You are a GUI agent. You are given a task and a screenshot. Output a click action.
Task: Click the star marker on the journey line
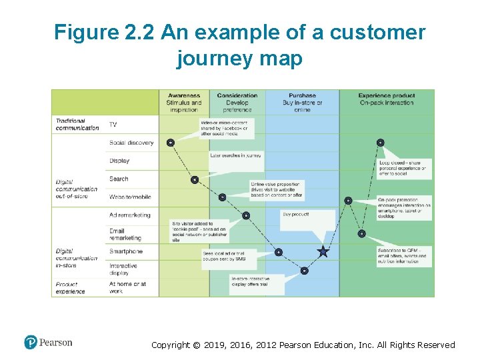click(x=323, y=251)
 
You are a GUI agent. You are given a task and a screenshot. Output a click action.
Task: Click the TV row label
click(x=113, y=125)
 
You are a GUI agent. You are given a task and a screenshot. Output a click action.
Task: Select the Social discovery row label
click(x=131, y=143)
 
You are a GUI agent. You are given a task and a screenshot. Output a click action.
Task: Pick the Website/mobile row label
click(x=130, y=197)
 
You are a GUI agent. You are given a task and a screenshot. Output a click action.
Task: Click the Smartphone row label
click(x=126, y=251)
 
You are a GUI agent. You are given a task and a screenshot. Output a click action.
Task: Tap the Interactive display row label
click(x=123, y=269)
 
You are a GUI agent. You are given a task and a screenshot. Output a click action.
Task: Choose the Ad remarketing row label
click(x=130, y=215)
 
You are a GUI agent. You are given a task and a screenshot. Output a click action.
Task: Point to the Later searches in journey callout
click(x=235, y=155)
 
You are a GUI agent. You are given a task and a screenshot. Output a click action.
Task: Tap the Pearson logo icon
click(x=31, y=343)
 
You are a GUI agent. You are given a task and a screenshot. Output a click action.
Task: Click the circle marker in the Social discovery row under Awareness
click(x=171, y=142)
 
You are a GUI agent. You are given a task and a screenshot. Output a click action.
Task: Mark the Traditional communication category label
click(x=77, y=125)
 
